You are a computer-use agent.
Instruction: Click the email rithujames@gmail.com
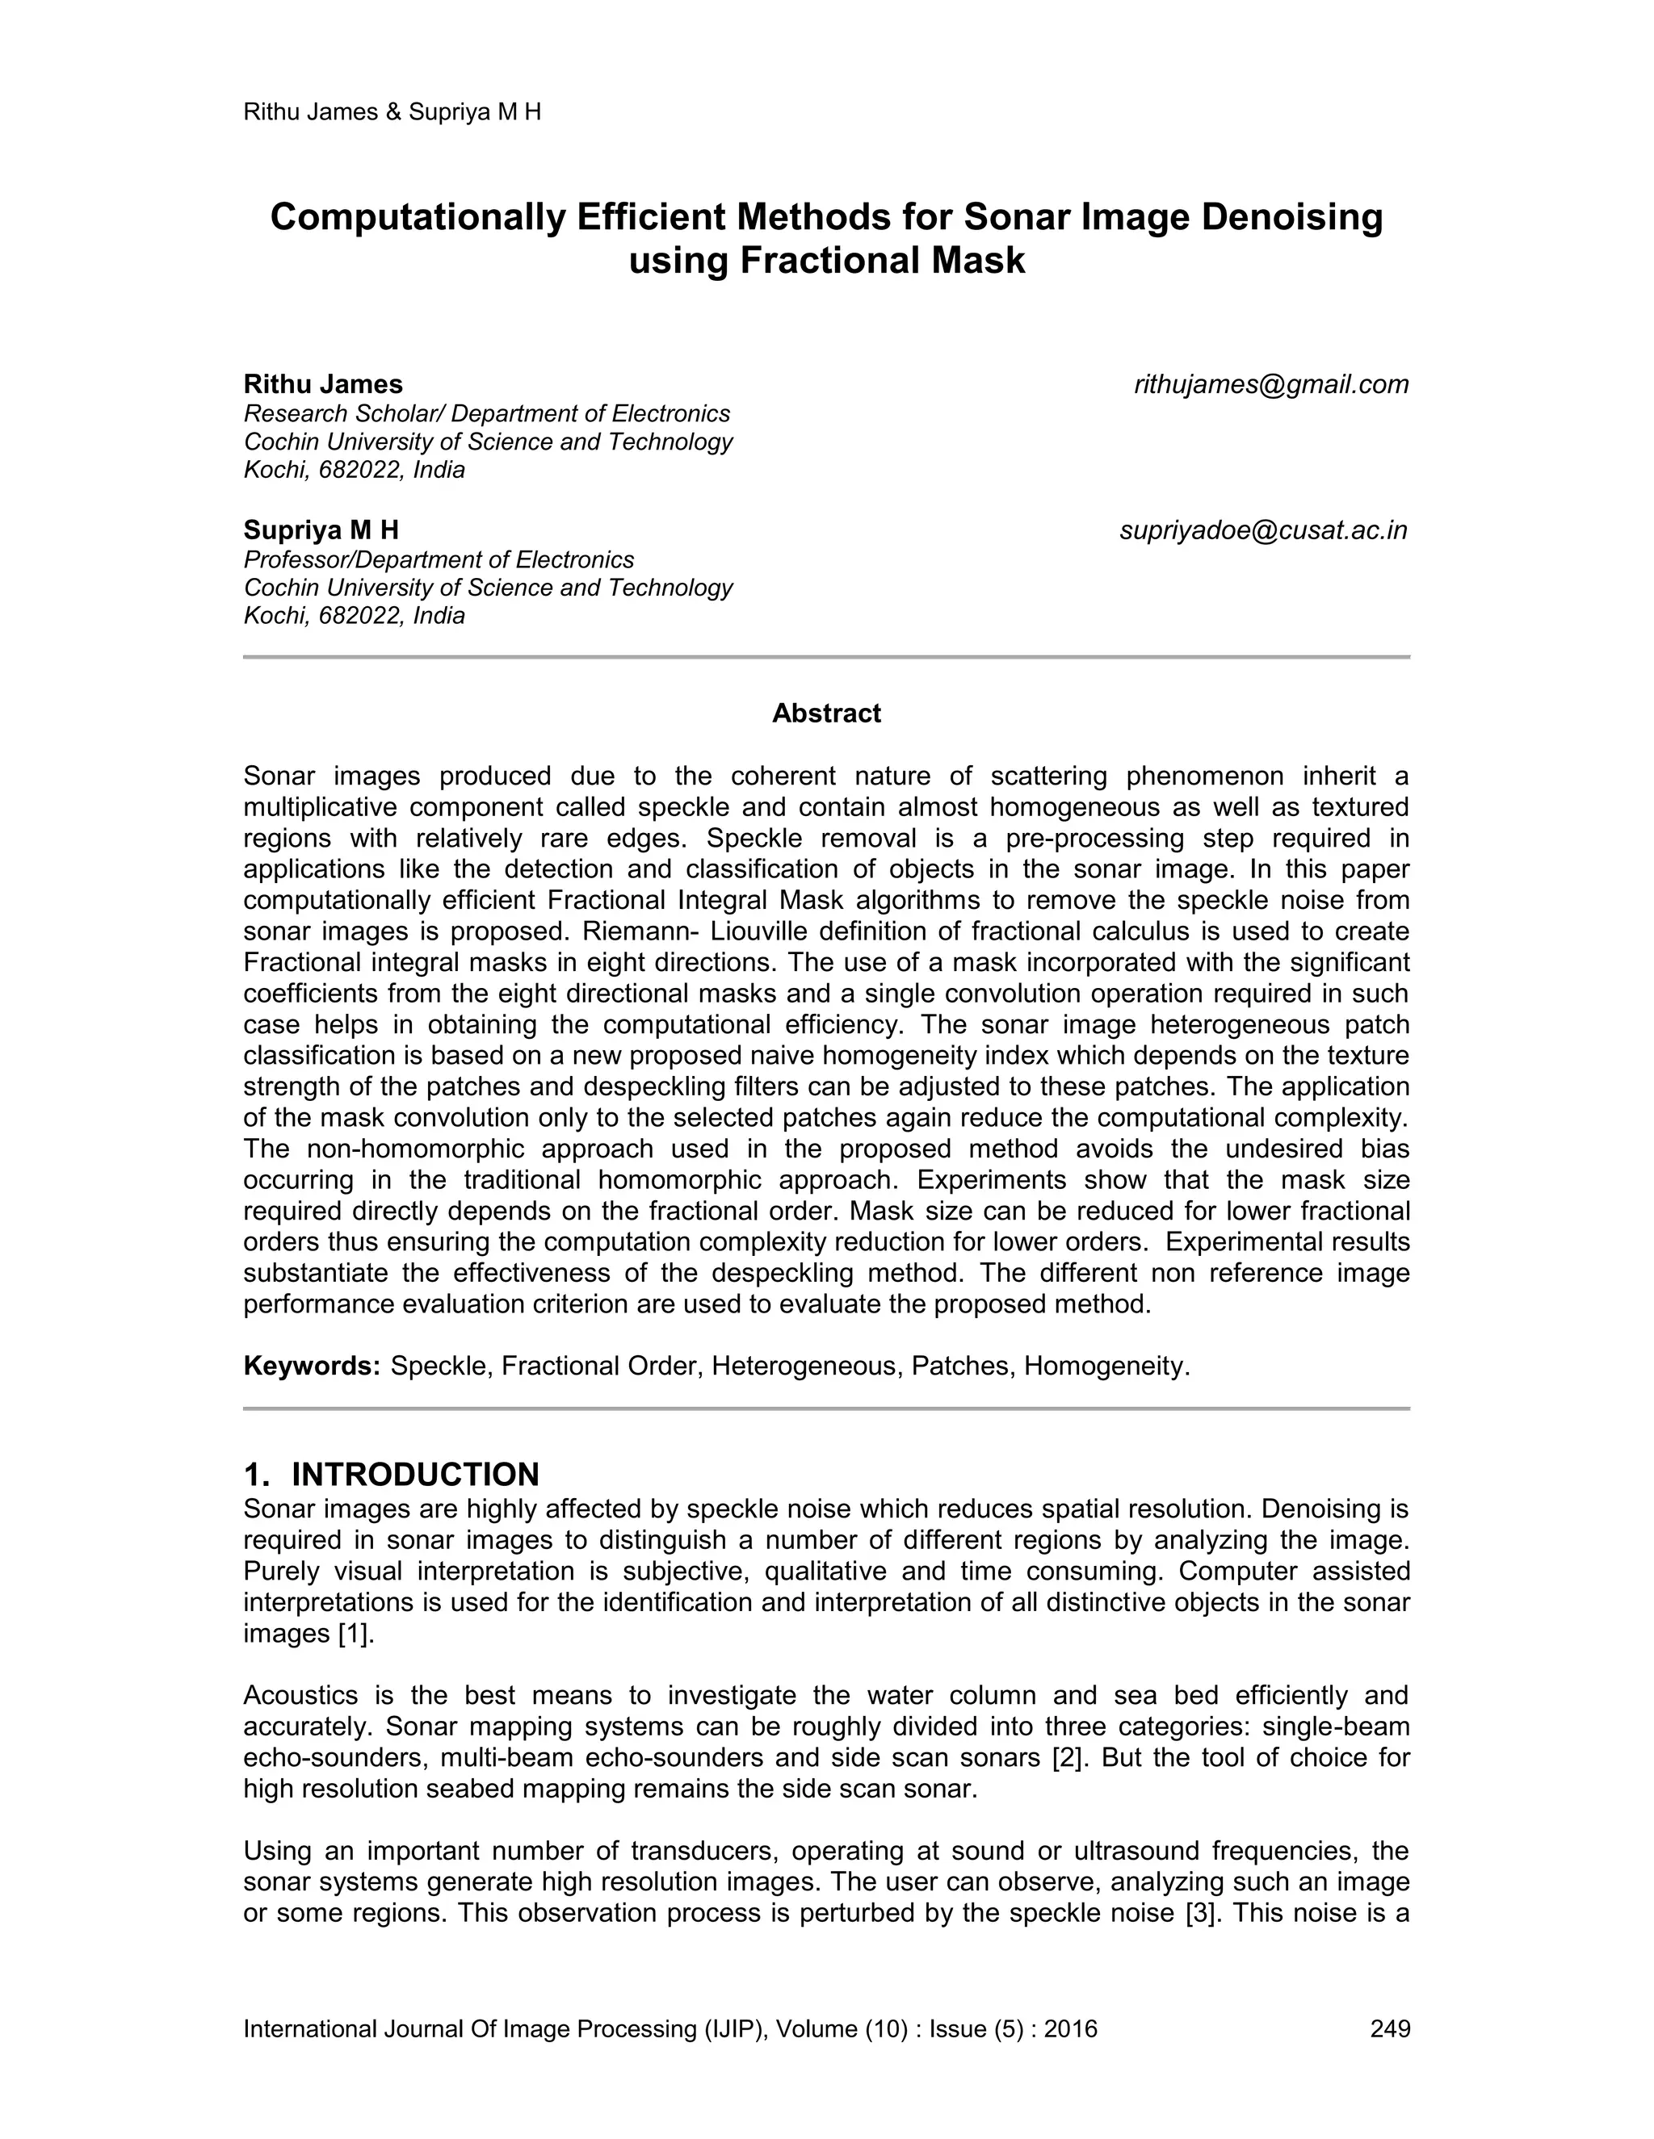pos(1271,385)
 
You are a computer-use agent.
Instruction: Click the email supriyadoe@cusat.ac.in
pos(1263,531)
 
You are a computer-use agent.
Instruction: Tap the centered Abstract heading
pos(826,713)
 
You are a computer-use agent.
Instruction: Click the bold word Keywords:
pos(312,1367)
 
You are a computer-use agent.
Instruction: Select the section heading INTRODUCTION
pos(415,1474)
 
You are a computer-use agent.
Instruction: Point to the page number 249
pos(1389,2028)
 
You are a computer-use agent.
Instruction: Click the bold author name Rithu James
pos(322,384)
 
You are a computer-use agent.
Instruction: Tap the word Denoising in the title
pos(1291,216)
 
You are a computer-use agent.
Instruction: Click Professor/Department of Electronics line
pos(438,559)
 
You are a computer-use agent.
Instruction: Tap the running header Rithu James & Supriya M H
pos(392,111)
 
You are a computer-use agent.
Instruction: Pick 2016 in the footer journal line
pos(1070,2028)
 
